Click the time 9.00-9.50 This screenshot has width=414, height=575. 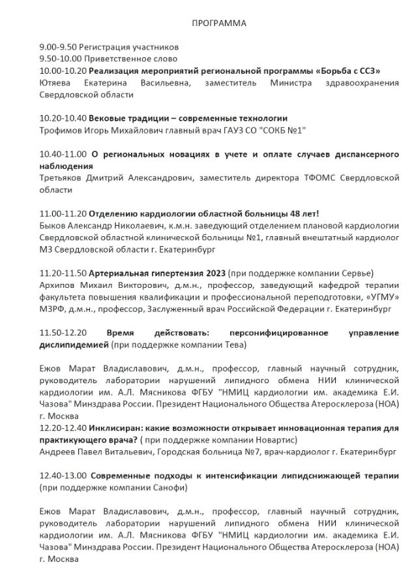tap(58, 48)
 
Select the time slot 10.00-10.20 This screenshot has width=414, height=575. tap(63, 71)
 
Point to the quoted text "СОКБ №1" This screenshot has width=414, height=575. tap(282, 130)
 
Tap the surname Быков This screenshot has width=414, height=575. tap(52, 225)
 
